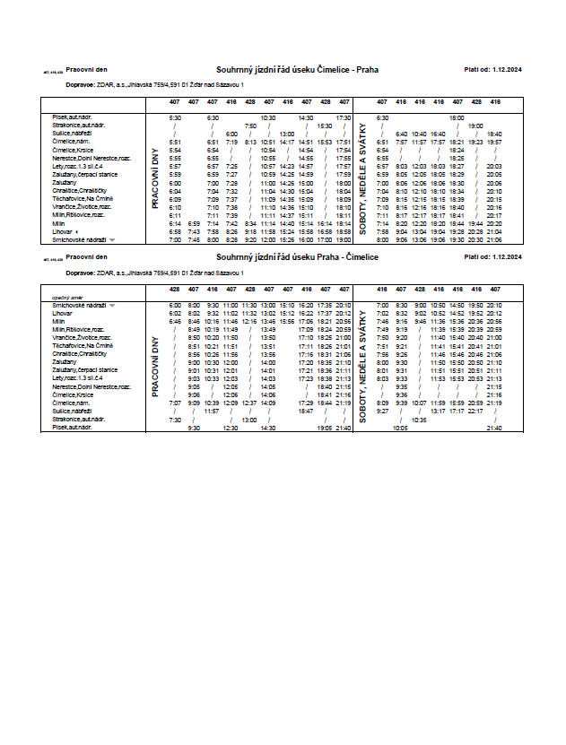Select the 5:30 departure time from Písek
coord(175,117)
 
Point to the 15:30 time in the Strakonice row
coord(324,126)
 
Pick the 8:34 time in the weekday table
coord(250,222)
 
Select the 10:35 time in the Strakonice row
coord(419,419)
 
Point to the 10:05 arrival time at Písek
coord(400,428)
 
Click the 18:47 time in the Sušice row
coord(305,411)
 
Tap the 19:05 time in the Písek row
coord(324,428)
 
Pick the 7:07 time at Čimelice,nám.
coord(175,403)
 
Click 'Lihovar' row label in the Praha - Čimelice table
coord(62,313)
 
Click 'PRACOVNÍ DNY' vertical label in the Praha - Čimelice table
coord(154,367)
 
